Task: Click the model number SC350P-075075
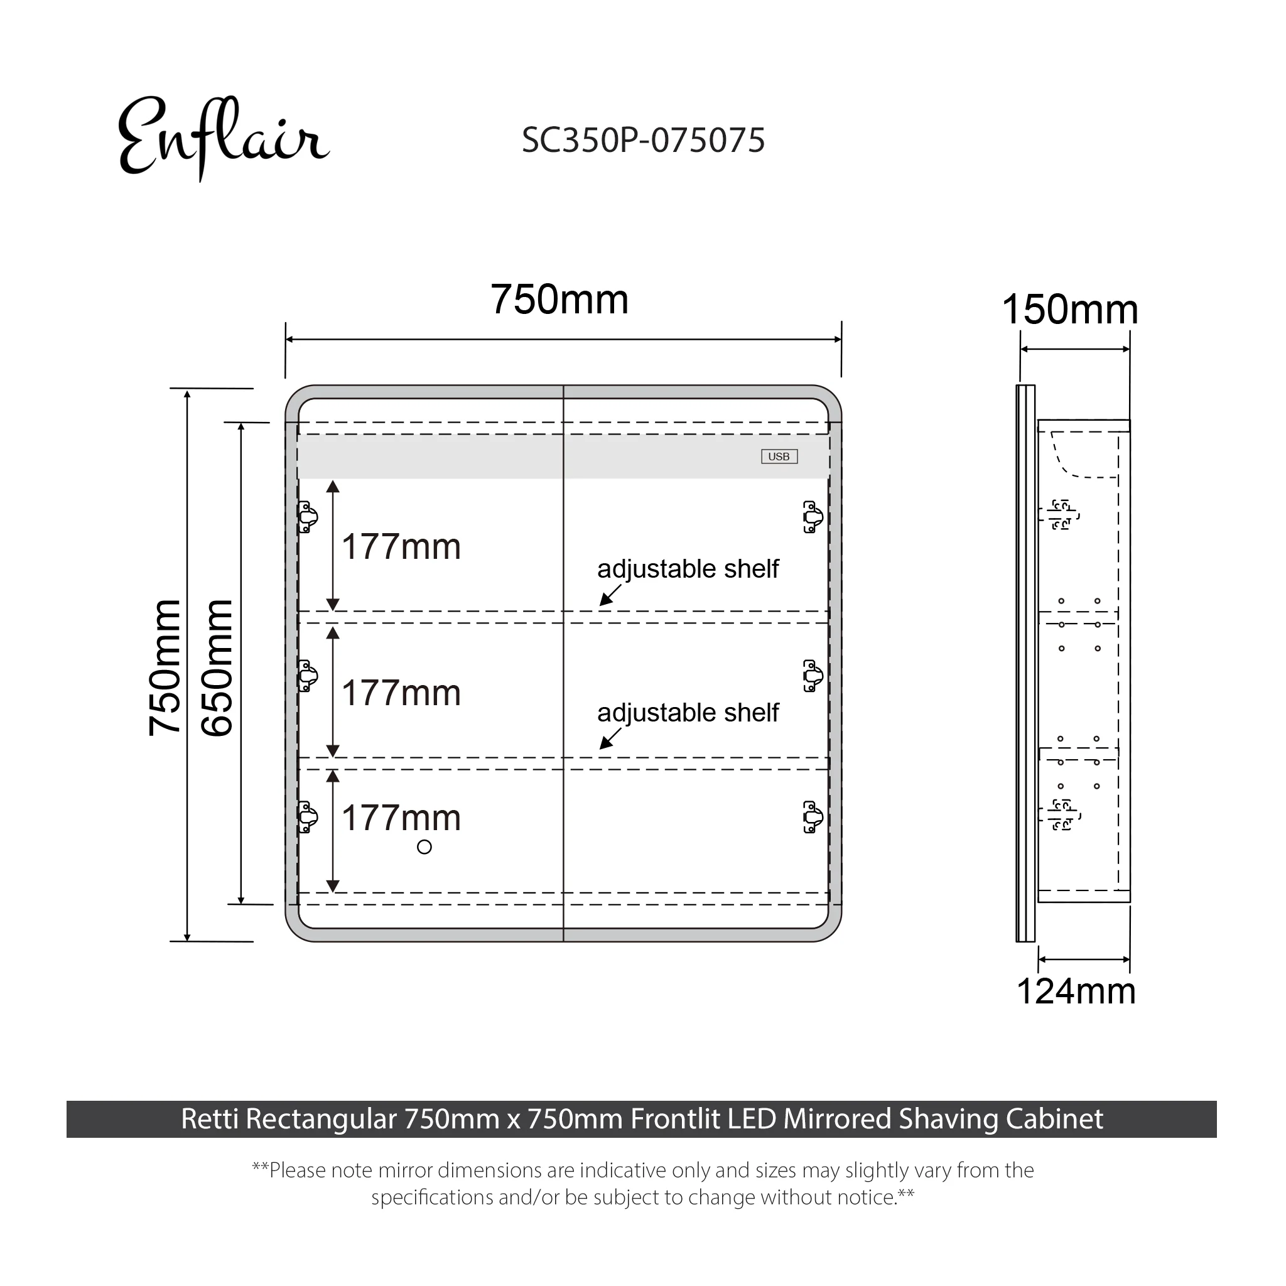[643, 141]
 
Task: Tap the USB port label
[779, 457]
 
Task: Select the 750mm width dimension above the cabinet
[559, 300]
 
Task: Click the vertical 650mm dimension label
[218, 667]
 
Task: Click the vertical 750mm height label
[165, 667]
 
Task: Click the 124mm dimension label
[1076, 991]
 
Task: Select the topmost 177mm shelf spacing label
[401, 547]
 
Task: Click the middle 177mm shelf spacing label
[401, 693]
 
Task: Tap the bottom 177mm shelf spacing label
[401, 818]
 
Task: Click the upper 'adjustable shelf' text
[688, 569]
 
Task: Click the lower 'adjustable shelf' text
[688, 713]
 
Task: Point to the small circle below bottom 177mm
[424, 847]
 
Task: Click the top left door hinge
[308, 517]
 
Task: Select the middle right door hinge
[813, 676]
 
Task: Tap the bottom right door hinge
[813, 818]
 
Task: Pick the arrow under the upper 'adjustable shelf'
[610, 596]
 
